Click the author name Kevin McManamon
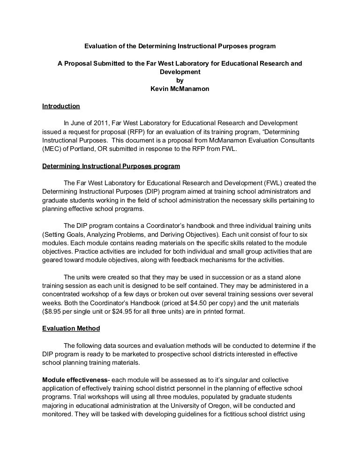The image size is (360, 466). point(180,89)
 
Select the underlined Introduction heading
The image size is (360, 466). point(61,106)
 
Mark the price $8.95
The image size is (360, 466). point(52,312)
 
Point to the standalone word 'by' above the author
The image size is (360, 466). point(180,81)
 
